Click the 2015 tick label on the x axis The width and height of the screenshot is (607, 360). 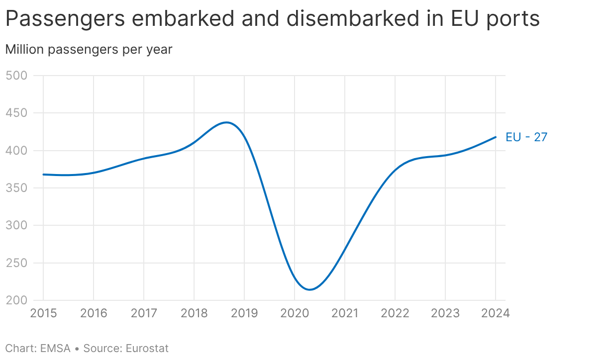(x=43, y=313)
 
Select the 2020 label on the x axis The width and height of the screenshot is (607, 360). (x=295, y=313)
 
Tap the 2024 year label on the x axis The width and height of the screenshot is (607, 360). (x=496, y=313)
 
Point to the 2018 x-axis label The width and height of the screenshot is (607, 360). (x=194, y=313)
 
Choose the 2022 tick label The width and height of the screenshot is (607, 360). (x=395, y=313)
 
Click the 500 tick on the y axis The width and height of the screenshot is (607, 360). (x=16, y=76)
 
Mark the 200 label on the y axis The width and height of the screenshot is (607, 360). (x=16, y=300)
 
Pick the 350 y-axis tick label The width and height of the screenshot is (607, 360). (x=16, y=188)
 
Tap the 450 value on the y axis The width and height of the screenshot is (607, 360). (x=16, y=113)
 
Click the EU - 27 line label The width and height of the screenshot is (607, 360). (x=526, y=137)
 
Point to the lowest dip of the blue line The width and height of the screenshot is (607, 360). (x=309, y=289)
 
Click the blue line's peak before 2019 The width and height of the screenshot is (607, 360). (x=226, y=122)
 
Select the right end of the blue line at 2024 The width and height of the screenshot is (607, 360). (x=496, y=137)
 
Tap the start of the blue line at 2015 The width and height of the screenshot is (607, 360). (x=43, y=175)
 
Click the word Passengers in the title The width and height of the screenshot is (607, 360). (x=65, y=19)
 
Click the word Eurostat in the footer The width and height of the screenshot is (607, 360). (x=147, y=349)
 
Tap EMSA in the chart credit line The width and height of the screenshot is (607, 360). (x=55, y=349)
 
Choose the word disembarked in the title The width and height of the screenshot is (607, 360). (x=353, y=18)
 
